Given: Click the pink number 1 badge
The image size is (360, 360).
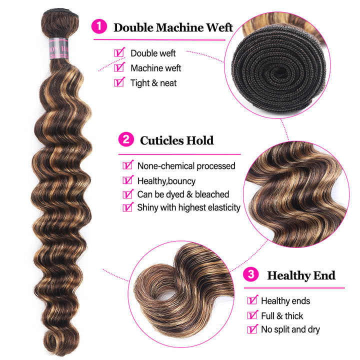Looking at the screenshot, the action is click(x=99, y=26).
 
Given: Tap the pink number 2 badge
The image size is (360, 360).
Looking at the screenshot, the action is click(x=126, y=139).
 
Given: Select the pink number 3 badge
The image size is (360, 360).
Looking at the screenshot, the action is click(x=251, y=274).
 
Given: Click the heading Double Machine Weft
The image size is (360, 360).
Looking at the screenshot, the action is click(x=173, y=27).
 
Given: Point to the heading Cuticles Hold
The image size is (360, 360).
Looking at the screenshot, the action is click(x=177, y=140).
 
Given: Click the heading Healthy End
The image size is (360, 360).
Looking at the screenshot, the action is click(x=301, y=275).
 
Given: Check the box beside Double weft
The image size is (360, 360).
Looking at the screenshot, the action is click(x=119, y=52).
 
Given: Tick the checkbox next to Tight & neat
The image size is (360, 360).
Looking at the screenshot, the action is click(x=119, y=82).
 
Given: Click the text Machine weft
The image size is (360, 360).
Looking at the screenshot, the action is click(x=156, y=68).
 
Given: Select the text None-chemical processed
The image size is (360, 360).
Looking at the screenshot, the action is click(x=186, y=166).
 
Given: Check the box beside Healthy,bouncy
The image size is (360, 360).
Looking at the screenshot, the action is click(x=128, y=180).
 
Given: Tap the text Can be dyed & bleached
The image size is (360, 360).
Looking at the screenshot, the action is click(x=183, y=194).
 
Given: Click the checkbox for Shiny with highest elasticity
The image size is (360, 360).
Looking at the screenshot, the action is click(x=128, y=207).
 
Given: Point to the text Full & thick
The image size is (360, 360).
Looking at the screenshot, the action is click(x=282, y=316).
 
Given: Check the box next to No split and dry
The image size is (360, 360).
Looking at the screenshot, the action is click(x=253, y=329).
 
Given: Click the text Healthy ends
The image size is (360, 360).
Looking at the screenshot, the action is click(x=285, y=301).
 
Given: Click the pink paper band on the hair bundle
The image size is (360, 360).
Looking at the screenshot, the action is click(x=59, y=48).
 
